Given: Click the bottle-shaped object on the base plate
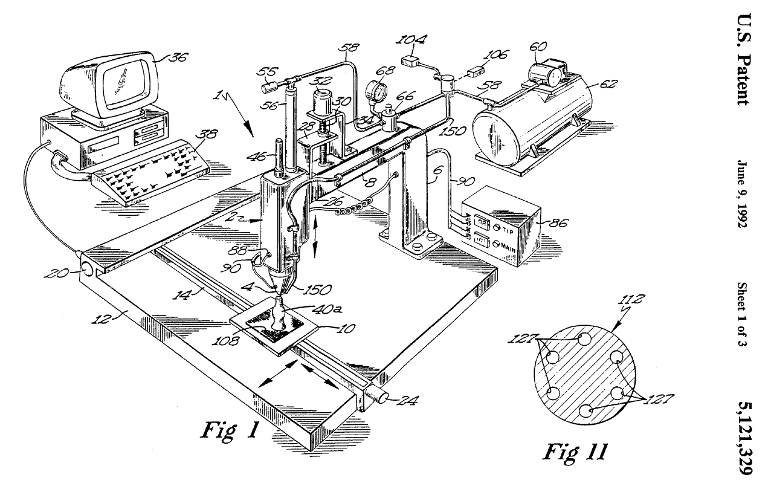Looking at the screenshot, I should point(279,312).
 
